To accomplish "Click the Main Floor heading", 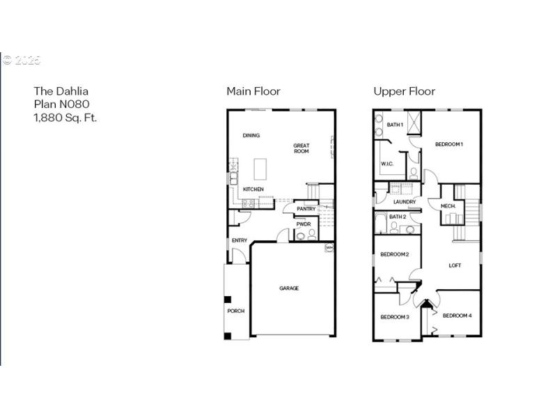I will (253, 91).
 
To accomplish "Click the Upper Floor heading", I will (404, 91).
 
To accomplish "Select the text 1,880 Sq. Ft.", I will (65, 117).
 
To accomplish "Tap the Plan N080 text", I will (62, 104).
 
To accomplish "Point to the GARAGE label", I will (289, 288).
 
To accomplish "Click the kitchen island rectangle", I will (260, 169).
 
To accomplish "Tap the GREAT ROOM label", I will (301, 148).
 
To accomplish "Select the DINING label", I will (251, 135).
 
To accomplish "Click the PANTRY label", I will (306, 209).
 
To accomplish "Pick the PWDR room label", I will (303, 224).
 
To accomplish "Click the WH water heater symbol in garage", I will (329, 247).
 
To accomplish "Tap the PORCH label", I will (235, 311).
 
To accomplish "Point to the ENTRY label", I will (239, 240).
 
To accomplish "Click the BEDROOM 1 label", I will (449, 144).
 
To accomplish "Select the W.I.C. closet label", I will (387, 164).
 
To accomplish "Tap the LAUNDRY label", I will (404, 202).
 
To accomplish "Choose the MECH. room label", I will (448, 206).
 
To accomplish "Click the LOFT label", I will (455, 265).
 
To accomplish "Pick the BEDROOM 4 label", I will (457, 316).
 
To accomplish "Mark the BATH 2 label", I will (397, 217).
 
